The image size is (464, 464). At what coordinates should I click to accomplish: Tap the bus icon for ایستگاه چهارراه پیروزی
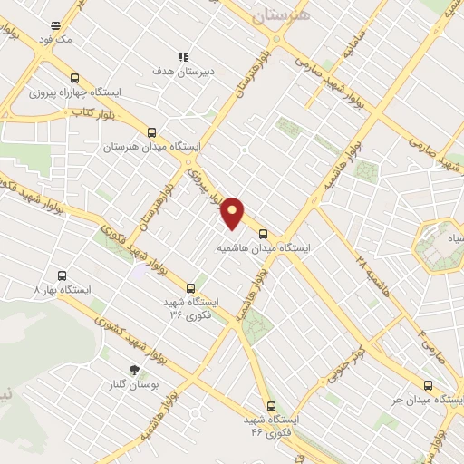(74, 79)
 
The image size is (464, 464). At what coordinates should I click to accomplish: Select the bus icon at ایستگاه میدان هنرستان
(151, 131)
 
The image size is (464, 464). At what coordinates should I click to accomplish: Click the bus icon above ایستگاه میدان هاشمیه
(264, 232)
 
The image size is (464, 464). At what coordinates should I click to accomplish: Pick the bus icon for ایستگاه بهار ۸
(62, 275)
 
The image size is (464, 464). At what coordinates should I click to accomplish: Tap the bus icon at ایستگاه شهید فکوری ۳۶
(189, 288)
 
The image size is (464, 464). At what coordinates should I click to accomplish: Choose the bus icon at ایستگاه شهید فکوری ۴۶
(270, 405)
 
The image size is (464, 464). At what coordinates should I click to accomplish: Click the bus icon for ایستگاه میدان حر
(428, 385)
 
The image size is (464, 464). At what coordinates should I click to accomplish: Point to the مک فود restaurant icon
(56, 25)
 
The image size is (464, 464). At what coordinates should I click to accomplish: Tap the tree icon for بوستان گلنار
(135, 370)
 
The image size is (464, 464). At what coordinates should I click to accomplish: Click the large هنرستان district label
(280, 15)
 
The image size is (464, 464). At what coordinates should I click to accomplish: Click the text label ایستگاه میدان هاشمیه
(265, 246)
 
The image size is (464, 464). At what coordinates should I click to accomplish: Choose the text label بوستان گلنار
(135, 384)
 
